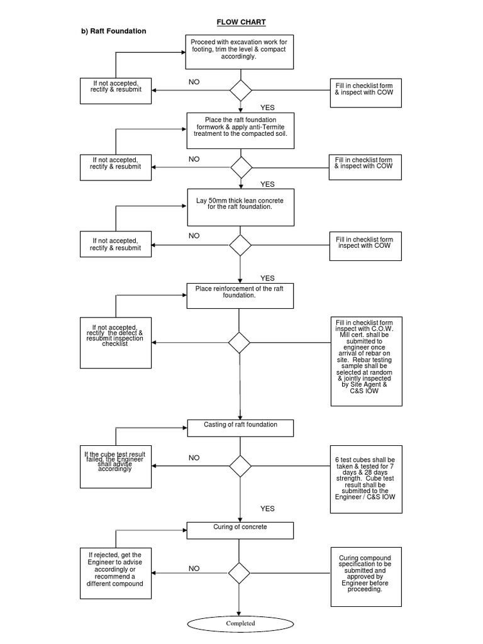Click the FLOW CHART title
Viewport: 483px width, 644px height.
(x=241, y=22)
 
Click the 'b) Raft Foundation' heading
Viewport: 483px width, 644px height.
(x=114, y=31)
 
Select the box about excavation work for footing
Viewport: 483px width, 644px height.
(x=240, y=52)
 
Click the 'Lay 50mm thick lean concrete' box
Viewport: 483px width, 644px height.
(x=240, y=207)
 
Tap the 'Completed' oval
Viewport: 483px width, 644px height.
(x=240, y=623)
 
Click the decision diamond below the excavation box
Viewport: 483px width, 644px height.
(x=240, y=90)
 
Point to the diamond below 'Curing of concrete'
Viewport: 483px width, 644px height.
(x=239, y=573)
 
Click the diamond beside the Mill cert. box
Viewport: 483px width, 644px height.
(x=239, y=343)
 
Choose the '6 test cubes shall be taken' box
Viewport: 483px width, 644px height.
(x=366, y=477)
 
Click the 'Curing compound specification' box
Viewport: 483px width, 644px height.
(x=366, y=576)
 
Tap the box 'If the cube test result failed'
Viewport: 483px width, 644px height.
(x=116, y=465)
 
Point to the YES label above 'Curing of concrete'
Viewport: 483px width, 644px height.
(x=267, y=509)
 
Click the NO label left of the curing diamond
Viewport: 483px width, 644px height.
(x=194, y=569)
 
